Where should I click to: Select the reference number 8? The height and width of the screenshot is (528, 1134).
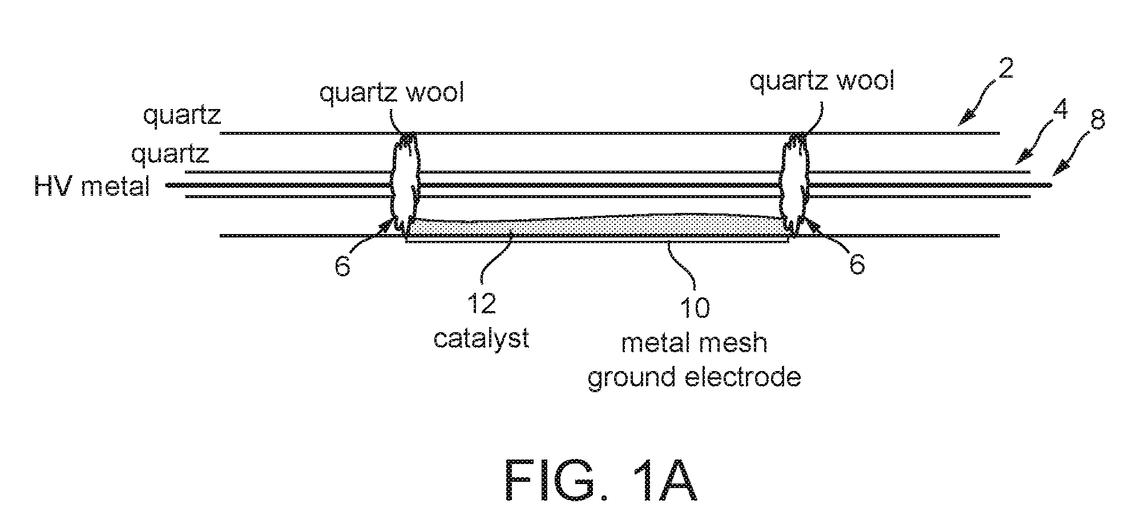(x=1096, y=121)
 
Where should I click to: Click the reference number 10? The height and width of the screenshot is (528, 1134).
(x=695, y=308)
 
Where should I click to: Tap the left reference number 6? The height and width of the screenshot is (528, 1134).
(x=342, y=265)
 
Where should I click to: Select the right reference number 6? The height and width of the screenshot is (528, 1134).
(x=857, y=265)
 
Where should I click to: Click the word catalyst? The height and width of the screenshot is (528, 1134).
(x=481, y=338)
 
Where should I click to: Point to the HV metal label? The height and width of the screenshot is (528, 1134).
(x=92, y=186)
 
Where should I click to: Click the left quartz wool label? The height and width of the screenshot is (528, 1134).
(x=392, y=93)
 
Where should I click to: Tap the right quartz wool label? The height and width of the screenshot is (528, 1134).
(x=822, y=82)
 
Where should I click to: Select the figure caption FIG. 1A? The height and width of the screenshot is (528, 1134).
(x=601, y=481)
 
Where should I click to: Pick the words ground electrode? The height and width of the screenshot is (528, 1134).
(x=695, y=378)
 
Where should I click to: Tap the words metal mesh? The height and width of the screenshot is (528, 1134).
(x=694, y=344)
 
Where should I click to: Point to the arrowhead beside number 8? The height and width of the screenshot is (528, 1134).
(x=1061, y=168)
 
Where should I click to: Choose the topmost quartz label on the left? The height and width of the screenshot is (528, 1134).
(x=182, y=116)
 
